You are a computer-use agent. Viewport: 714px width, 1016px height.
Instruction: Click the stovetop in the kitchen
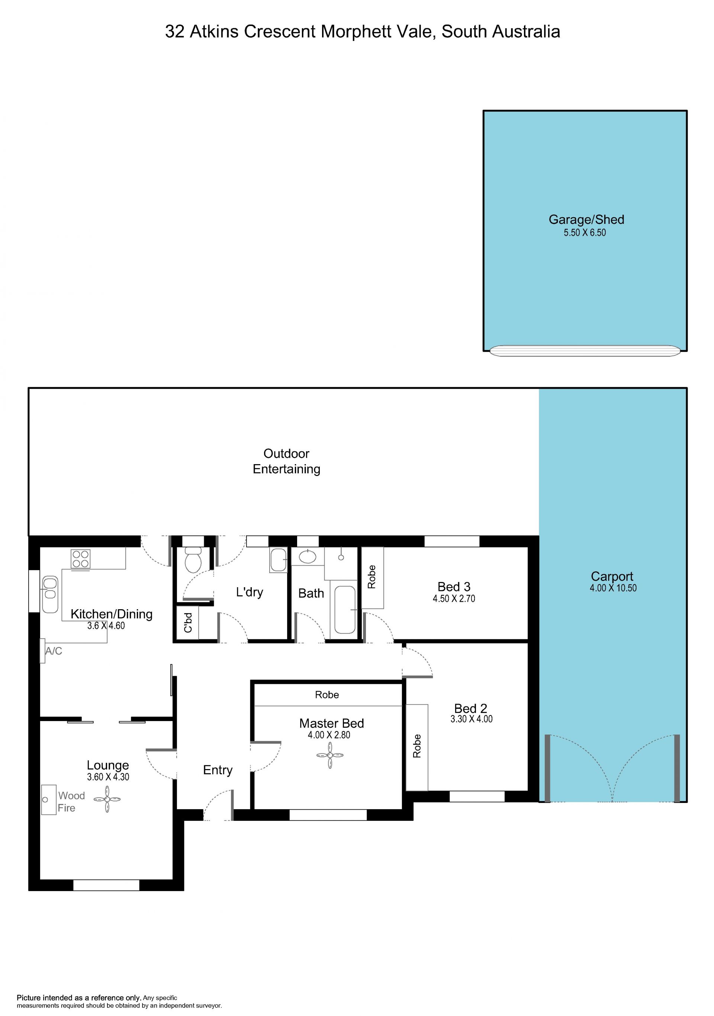point(81,559)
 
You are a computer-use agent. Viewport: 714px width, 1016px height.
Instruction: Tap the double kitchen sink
point(50,594)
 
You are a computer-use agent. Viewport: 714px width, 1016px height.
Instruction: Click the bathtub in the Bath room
point(345,610)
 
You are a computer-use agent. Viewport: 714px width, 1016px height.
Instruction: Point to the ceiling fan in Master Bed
point(330,755)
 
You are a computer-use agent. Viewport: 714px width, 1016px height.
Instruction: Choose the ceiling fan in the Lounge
point(107,799)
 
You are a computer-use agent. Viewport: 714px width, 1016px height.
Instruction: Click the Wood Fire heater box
point(49,800)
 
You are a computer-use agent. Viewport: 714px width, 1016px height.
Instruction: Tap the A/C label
point(54,651)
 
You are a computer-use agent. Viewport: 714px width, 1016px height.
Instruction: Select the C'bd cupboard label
point(188,622)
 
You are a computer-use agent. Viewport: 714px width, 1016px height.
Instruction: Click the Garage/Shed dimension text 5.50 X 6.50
point(584,233)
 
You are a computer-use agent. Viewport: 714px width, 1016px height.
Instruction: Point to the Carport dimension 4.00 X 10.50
point(613,588)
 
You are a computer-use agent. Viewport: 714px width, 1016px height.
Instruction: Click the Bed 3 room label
point(454,587)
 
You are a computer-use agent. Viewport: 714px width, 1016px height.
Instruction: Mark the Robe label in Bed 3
point(372,576)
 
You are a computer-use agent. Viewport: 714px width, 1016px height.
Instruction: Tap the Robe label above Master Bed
point(327,695)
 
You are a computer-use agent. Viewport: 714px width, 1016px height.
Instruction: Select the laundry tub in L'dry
point(278,560)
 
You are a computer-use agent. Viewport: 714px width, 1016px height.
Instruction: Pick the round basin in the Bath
point(308,556)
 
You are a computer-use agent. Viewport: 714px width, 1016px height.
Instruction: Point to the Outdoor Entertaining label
point(286,461)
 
